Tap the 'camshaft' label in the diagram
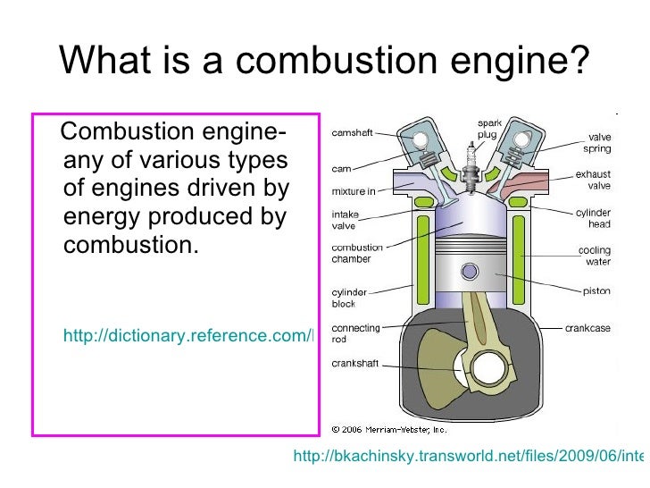353,133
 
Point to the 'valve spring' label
597,143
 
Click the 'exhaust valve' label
592,180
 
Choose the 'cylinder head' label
593,218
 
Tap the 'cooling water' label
594,257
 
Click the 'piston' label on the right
596,290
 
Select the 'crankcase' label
587,329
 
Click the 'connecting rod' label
355,333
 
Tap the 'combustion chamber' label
357,253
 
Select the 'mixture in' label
354,190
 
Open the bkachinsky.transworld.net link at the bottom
468,458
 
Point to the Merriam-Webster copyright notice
388,427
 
